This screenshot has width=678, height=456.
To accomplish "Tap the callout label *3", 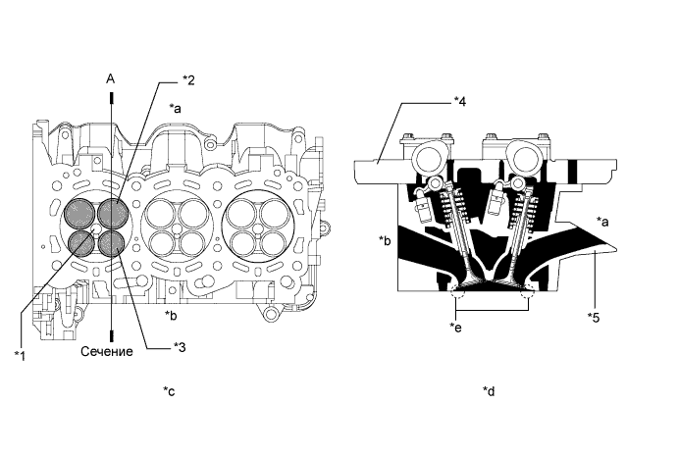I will pos(179,344).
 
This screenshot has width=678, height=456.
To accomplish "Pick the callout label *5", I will pos(594,316).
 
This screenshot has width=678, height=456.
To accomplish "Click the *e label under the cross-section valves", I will pos(457,326).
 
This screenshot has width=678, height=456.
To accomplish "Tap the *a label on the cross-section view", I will pos(604,222).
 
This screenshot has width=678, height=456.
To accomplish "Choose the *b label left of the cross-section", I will pos(385,238).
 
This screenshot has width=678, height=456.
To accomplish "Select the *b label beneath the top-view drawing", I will pos(171,315).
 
